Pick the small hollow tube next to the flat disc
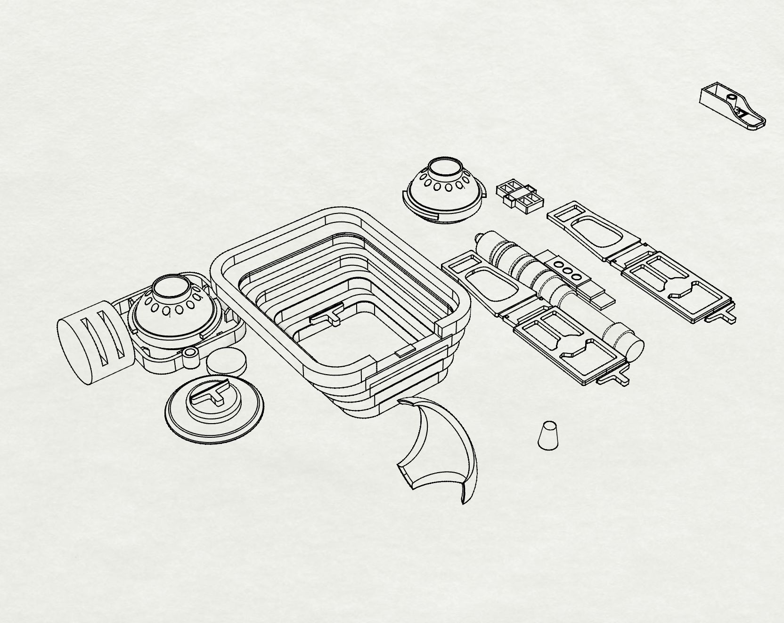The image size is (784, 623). [x=190, y=358]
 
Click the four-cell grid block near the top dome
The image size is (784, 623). [x=520, y=195]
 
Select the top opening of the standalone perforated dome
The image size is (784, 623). [x=445, y=168]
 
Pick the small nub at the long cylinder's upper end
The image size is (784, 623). [x=479, y=238]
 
